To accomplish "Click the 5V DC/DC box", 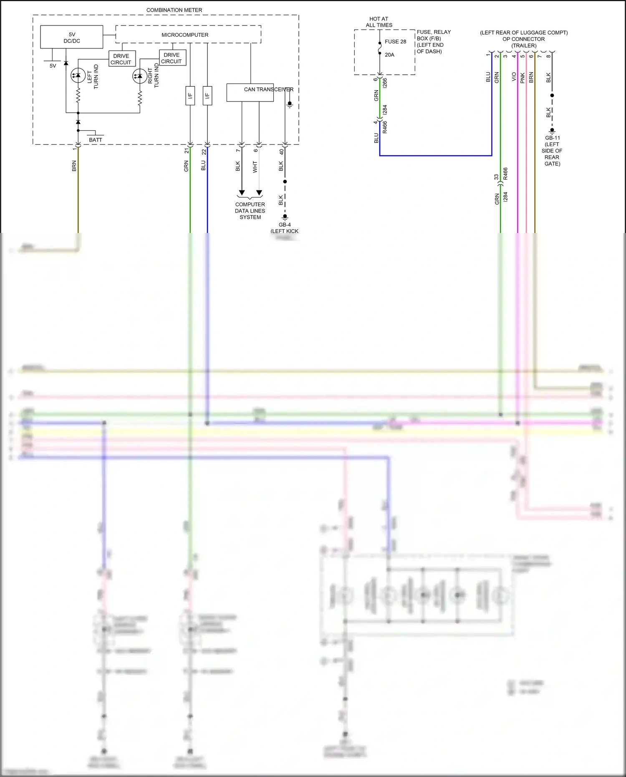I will (x=71, y=37).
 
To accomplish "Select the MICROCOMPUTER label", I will (x=185, y=35).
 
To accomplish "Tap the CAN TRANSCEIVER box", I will (x=250, y=93).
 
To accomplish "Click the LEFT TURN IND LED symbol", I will (x=78, y=76).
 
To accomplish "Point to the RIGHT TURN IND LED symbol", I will (x=139, y=76).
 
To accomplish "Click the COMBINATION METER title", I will (x=174, y=10).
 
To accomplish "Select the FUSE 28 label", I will (x=395, y=41).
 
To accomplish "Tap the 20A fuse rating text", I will (x=389, y=55).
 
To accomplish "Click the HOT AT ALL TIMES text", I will (x=379, y=22).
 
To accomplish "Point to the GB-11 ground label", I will (x=552, y=138).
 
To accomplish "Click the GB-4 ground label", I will (x=285, y=225).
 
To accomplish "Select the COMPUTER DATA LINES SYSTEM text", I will (x=250, y=211).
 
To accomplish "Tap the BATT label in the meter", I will (x=95, y=140).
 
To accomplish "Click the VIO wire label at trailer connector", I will (x=514, y=77).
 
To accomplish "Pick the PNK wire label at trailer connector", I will (x=523, y=78).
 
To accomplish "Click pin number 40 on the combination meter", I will (x=281, y=152).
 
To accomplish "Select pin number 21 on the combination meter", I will (x=187, y=151).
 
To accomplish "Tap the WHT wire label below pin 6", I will (x=255, y=167).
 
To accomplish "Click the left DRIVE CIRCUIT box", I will (x=121, y=59).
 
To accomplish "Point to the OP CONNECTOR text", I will (x=523, y=39).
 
